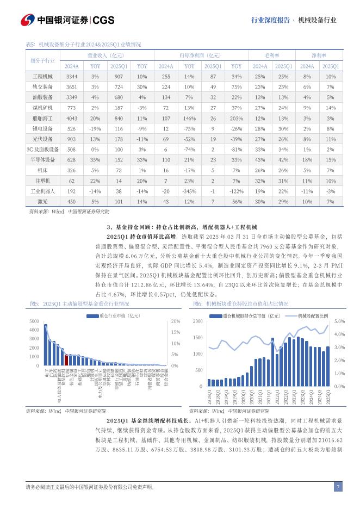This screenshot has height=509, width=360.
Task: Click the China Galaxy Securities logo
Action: click(67, 20)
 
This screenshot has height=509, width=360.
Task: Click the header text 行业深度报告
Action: click(270, 20)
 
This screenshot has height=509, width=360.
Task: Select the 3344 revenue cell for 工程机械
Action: click(72, 77)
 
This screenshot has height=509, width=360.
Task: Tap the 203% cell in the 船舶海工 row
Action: click(236, 118)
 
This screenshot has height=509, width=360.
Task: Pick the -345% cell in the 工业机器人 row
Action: click(189, 191)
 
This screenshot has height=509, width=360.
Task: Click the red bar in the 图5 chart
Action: click(66, 359)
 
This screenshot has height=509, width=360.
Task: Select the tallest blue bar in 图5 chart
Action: click(46, 345)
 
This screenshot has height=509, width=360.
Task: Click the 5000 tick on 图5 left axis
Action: click(34, 321)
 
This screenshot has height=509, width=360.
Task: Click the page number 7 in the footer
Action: click(338, 487)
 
